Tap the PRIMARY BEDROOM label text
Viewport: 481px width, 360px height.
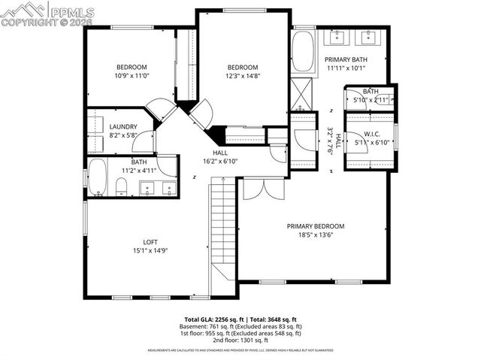point(315,226)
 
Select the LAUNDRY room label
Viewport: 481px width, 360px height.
point(123,126)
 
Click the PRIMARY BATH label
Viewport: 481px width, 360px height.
point(346,59)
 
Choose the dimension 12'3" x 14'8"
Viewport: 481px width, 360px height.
point(243,76)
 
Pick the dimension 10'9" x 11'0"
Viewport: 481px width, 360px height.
point(131,76)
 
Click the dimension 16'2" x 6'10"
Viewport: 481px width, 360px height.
point(220,161)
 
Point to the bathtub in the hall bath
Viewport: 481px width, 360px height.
point(98,177)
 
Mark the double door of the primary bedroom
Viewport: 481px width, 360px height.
point(263,186)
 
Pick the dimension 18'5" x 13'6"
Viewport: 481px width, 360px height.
point(315,235)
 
